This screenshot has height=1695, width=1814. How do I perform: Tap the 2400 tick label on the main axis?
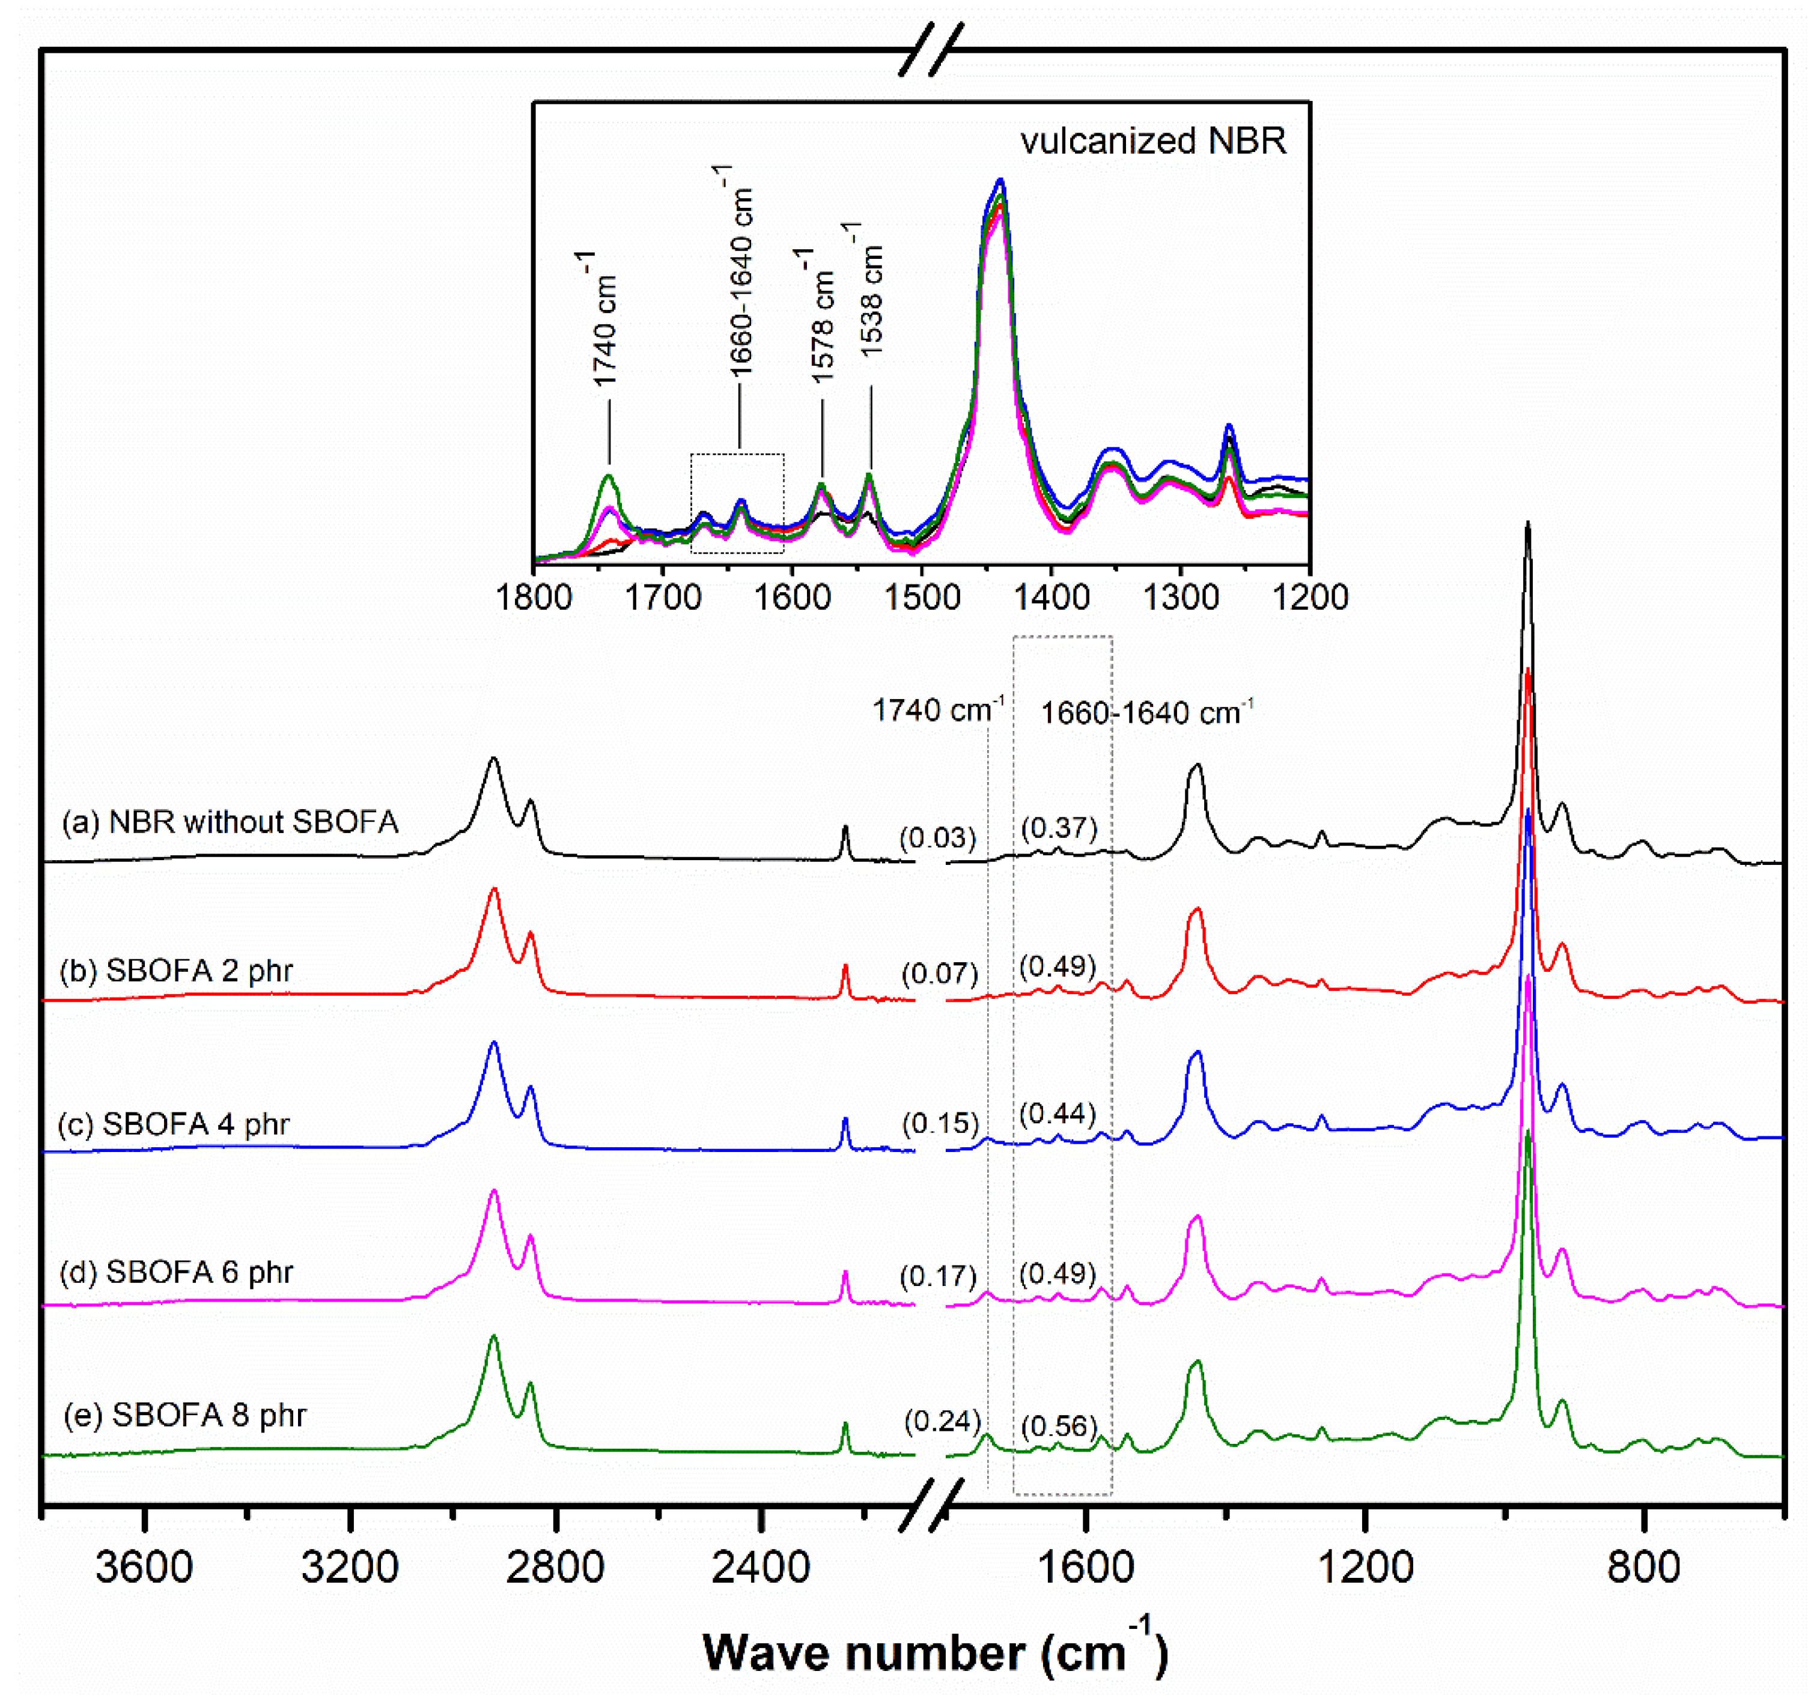click(761, 1567)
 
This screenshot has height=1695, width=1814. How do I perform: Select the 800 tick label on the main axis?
click(1643, 1567)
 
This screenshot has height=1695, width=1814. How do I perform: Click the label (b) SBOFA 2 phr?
click(176, 970)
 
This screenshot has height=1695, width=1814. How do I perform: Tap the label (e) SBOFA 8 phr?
click(184, 1415)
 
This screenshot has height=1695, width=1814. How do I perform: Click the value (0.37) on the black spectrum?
click(1059, 828)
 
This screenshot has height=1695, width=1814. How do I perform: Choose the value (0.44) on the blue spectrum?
click(1058, 1114)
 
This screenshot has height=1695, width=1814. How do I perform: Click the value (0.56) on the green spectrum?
click(1059, 1426)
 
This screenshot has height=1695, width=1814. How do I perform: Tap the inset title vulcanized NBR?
click(1152, 141)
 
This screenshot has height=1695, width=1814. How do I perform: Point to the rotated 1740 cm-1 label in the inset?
click(600, 320)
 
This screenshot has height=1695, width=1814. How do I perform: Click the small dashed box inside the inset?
click(737, 503)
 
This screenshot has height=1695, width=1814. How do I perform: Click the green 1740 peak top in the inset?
click(609, 476)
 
